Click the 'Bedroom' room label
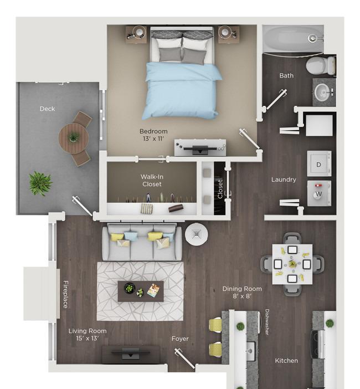tap(153, 131)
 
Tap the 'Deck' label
tap(48, 109)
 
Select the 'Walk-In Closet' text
tap(152, 180)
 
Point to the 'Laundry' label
tap(284, 180)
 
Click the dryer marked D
tap(319, 163)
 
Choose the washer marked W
tap(319, 193)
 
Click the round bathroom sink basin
tap(323, 93)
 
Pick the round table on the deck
tap(74, 138)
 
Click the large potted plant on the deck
tap(40, 183)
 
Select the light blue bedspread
tap(182, 91)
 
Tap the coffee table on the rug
tap(141, 291)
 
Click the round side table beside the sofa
tap(197, 234)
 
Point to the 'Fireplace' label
tap(65, 294)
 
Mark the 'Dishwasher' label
tap(267, 322)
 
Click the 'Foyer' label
tap(180, 339)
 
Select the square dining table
tap(292, 264)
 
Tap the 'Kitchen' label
tap(286, 361)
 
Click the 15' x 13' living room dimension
tap(88, 338)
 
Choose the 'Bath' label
tap(286, 76)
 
